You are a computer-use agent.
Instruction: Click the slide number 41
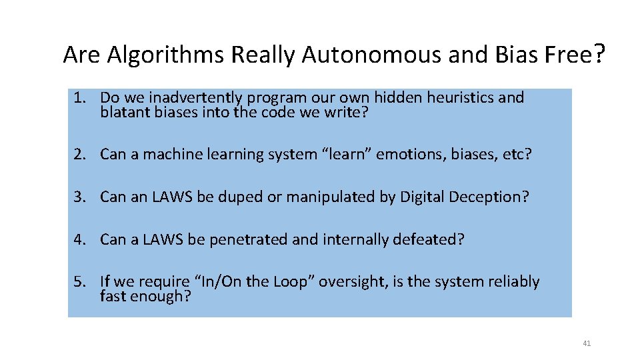coord(587,343)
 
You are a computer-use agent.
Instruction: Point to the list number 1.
coord(79,98)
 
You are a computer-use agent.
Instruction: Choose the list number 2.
coord(79,155)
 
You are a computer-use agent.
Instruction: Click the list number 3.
coord(79,197)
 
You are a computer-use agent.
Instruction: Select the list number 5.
coord(79,282)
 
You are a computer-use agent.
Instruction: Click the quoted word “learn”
coord(347,155)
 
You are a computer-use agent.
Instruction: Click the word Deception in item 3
coord(488,197)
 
